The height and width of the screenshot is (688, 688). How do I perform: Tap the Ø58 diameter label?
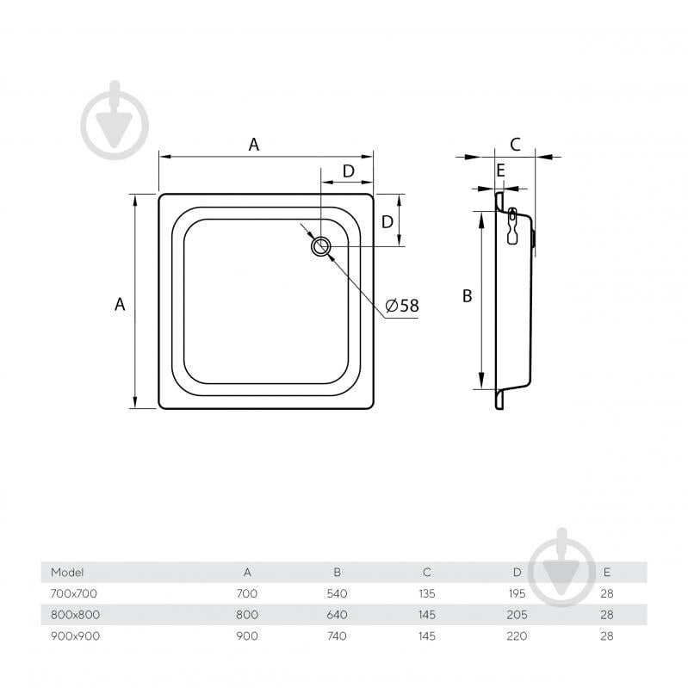[402, 306]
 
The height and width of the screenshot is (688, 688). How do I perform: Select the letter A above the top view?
[254, 145]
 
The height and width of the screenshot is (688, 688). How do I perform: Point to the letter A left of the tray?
[120, 304]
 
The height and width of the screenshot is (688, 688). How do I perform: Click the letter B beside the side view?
[468, 295]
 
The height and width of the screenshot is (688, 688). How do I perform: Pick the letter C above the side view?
[515, 145]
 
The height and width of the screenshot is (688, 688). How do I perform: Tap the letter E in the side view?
[500, 170]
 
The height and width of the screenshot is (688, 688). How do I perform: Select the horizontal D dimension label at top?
[349, 171]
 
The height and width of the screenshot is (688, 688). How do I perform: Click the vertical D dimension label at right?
[387, 222]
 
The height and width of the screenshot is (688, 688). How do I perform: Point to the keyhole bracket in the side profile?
[512, 226]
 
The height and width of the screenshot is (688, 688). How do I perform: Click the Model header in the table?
[67, 572]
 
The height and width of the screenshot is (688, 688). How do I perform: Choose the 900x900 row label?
[76, 635]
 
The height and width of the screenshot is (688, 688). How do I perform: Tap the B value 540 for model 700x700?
[337, 593]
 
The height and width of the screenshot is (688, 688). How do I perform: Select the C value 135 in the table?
[427, 593]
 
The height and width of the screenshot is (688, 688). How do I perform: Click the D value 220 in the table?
[517, 635]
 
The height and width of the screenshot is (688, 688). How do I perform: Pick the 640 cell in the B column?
[337, 614]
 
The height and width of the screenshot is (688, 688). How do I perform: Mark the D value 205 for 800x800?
[517, 614]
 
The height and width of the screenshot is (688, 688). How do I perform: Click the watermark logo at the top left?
[115, 120]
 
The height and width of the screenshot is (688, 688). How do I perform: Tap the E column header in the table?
[607, 572]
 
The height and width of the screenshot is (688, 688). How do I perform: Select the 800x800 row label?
[76, 614]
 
